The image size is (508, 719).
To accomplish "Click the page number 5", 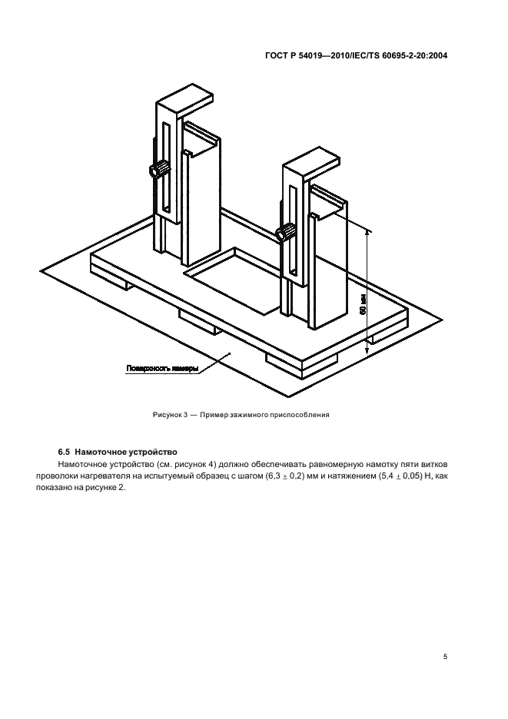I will pyautogui.click(x=445, y=657).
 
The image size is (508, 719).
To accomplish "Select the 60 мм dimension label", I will pyautogui.click(x=363, y=306).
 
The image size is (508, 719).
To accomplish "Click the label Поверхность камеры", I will pyautogui.click(x=162, y=369).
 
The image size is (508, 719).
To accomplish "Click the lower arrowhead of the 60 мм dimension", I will pyautogui.click(x=367, y=350).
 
